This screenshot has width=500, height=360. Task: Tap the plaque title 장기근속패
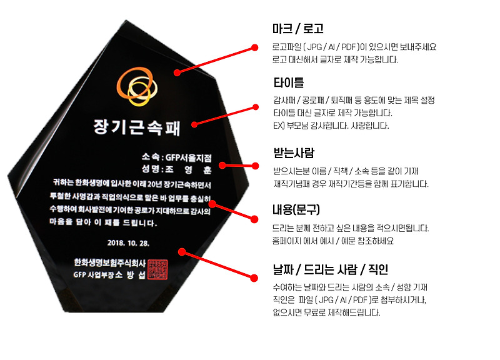pos(137,127)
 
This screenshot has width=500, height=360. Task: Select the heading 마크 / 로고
pos(297,29)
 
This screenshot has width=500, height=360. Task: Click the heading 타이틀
pos(289,82)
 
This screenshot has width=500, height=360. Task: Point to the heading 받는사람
pos(294,153)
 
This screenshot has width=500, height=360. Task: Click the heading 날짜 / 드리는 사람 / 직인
pos(330,270)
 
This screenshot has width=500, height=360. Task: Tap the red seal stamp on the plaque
pos(161,267)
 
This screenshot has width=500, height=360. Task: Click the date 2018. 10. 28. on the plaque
pos(129,242)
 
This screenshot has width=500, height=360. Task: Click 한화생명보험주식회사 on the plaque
pos(109,262)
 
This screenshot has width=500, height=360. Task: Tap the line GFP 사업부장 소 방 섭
pos(109,275)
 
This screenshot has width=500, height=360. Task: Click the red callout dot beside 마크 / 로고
pos(254,47)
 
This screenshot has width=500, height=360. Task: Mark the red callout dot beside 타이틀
pos(254,106)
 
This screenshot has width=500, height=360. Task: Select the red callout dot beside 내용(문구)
pos(254,219)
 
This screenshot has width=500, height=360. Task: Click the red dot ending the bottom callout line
pos(254,277)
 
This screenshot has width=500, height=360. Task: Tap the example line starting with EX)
pos(331,126)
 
